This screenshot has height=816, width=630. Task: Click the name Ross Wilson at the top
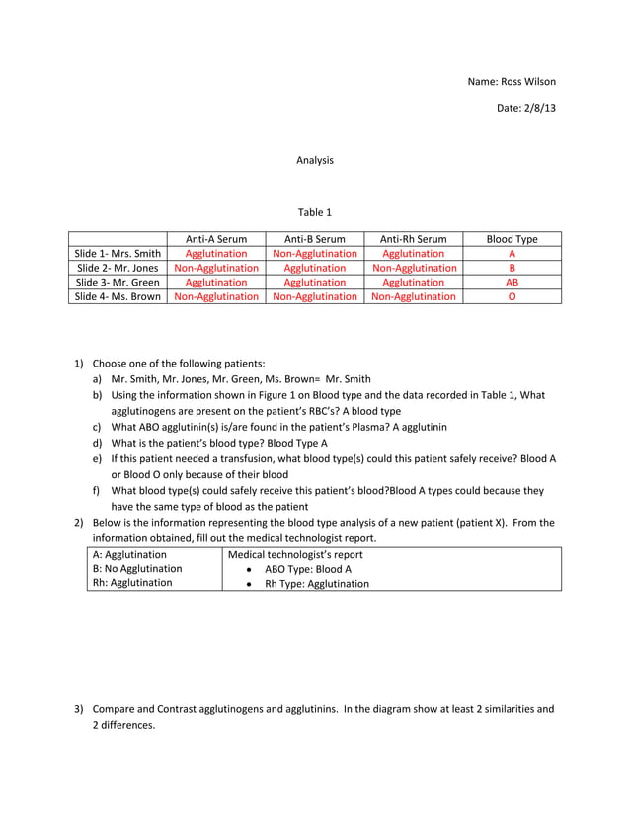coord(511,81)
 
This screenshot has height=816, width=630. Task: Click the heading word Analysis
coord(315,160)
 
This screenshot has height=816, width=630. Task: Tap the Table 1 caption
coord(315,212)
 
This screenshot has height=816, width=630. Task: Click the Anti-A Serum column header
coord(216,239)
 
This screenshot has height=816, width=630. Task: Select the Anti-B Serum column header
coord(314,239)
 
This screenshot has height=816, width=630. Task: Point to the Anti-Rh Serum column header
coord(413,239)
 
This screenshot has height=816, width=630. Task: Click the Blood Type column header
coord(512,239)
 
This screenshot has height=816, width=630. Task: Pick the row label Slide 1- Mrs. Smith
coord(118,254)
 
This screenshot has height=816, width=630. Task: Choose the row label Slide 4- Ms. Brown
coord(118,296)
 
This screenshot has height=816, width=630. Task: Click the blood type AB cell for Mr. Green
coord(512,282)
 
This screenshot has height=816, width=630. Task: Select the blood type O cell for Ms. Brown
coord(512,296)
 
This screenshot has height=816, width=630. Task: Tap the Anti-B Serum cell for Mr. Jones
coord(314,268)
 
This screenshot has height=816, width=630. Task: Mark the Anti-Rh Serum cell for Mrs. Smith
coord(413,254)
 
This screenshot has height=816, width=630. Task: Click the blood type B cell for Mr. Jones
coord(512,268)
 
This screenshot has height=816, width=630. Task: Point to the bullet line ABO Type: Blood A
coord(307,569)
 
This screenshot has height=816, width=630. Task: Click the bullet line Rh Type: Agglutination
coord(316,584)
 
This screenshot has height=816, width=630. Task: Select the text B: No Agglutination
coord(137,569)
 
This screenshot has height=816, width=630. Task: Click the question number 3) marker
coord(80,709)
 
